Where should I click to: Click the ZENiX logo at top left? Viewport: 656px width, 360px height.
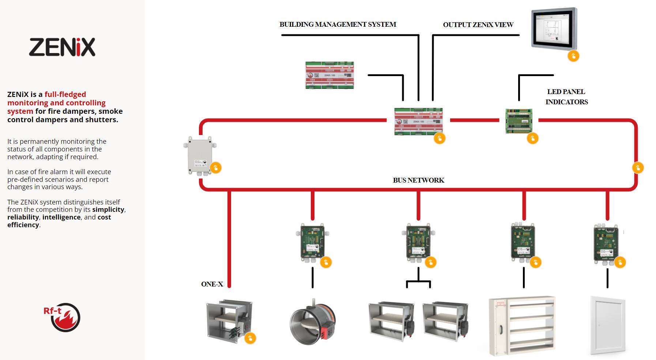(62, 47)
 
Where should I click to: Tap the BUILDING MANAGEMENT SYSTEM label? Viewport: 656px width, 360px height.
(338, 25)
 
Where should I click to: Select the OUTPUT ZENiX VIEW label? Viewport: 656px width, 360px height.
(478, 25)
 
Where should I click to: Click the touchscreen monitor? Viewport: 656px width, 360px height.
(554, 28)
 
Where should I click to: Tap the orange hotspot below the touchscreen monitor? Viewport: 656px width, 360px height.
(573, 56)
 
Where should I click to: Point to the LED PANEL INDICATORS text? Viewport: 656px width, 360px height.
(566, 97)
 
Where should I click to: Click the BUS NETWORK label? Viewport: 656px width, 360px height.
(418, 180)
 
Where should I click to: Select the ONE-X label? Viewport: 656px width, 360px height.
(212, 284)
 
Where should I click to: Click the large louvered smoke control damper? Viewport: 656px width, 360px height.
(522, 325)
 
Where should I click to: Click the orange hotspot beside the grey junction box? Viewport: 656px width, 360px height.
(216, 168)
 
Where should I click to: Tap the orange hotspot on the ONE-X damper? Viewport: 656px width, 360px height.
(250, 338)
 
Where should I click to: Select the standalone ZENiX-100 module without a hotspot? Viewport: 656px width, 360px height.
(329, 75)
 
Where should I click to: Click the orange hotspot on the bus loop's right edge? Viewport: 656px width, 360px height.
(638, 168)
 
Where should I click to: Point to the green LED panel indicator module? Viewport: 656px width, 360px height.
(519, 121)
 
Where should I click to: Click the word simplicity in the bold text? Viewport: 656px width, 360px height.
(108, 210)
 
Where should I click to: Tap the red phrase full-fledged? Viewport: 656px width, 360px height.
(65, 94)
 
